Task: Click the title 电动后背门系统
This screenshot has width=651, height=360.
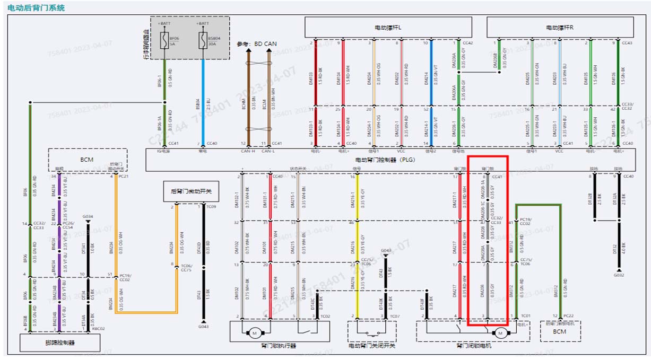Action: (37, 8)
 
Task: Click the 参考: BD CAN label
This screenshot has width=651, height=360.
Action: (257, 44)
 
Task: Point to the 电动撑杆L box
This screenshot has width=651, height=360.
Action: (388, 27)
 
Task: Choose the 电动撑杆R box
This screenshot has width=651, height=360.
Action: (559, 27)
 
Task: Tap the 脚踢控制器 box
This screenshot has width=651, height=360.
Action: (60, 343)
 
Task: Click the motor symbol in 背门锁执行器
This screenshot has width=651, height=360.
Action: (254, 333)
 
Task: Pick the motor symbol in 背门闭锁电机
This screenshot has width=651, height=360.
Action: (500, 333)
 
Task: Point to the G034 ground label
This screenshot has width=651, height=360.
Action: (88, 216)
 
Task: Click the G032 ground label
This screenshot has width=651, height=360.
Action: (618, 275)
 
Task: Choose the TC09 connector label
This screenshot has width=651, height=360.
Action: (211, 207)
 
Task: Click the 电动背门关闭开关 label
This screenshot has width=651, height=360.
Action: (371, 346)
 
